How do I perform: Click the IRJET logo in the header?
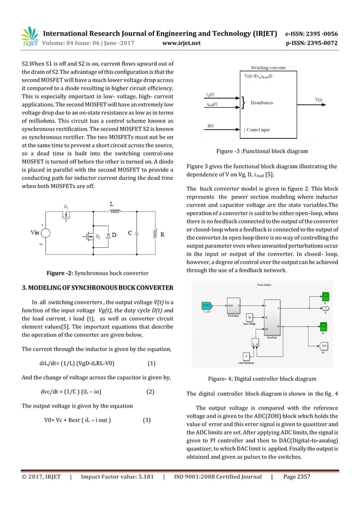tap(29, 34)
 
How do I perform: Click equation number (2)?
tap(151, 390)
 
